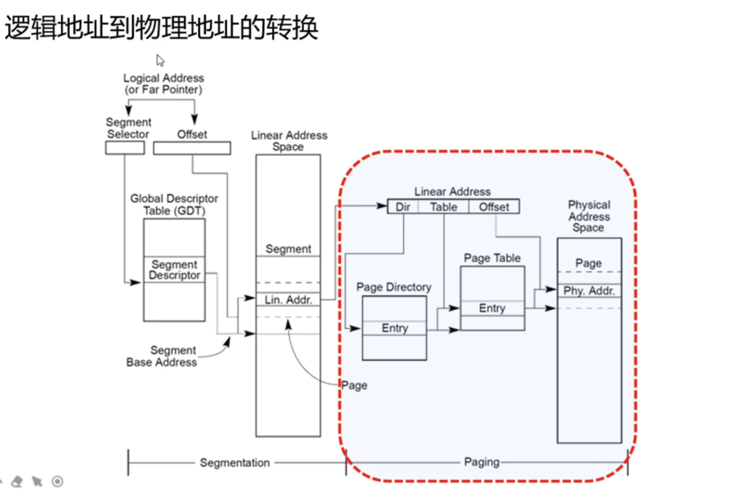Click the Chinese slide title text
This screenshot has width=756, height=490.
[x=161, y=27]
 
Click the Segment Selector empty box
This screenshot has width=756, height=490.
[x=125, y=148]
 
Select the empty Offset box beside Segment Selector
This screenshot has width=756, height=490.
[x=192, y=148]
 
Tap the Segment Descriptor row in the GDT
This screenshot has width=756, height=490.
[x=174, y=270]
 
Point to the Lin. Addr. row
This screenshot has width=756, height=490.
[x=288, y=300]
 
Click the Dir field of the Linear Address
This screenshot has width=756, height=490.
[x=403, y=207]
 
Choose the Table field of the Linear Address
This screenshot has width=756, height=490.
[x=444, y=207]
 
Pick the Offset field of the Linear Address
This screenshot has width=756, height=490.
[x=494, y=207]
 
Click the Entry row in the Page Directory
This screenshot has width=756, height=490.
[x=395, y=328]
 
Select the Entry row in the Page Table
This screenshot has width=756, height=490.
[x=492, y=308]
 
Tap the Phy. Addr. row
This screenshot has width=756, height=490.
[x=589, y=291]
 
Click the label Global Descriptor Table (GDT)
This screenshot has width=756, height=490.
[x=174, y=204]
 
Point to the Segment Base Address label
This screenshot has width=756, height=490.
[x=162, y=356]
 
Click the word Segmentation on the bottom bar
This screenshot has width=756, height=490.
[x=235, y=462]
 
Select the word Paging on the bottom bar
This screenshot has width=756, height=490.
[x=481, y=462]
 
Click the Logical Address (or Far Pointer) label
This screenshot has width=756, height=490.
[x=163, y=84]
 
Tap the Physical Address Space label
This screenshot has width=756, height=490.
[x=589, y=216]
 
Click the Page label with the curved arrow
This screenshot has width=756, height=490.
[x=355, y=385]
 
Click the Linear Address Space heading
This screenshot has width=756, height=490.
[x=289, y=141]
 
